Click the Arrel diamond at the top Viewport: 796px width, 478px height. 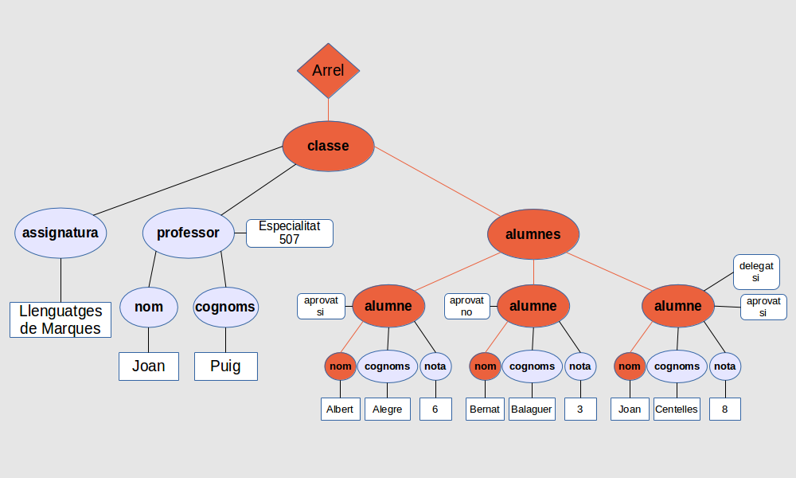click(328, 71)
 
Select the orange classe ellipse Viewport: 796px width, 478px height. click(328, 146)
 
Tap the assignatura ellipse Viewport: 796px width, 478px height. click(60, 233)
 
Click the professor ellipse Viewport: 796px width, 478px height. click(188, 233)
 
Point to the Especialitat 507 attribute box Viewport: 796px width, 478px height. click(289, 233)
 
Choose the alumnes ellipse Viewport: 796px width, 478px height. click(533, 234)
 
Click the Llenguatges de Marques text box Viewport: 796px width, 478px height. click(60, 320)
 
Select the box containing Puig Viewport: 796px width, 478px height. click(226, 366)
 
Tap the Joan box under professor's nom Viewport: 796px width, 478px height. click(149, 366)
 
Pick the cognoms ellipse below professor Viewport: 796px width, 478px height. click(226, 307)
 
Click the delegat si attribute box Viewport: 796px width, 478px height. click(755, 272)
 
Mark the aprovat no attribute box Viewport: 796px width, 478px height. click(466, 306)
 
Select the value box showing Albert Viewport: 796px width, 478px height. click(340, 409)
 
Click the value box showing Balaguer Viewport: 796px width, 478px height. click(531, 409)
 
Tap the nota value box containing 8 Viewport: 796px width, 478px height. click(724, 409)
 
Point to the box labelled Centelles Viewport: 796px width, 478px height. click(676, 409)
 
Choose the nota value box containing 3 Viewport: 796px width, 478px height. click(580, 409)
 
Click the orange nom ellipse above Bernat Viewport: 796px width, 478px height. click(485, 366)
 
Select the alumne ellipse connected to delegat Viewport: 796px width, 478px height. click(677, 306)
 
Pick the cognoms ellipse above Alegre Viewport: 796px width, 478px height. click(388, 366)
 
